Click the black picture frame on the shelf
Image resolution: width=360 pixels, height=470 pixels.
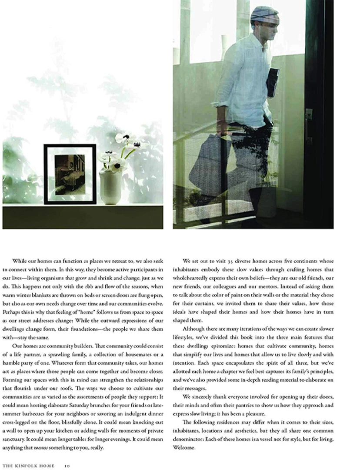(70, 174)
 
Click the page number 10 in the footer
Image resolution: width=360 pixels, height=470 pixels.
(67, 466)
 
